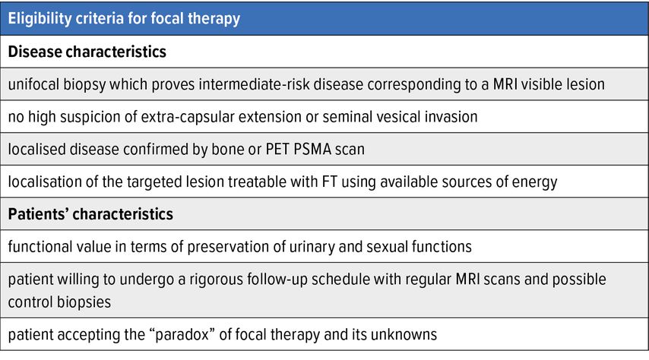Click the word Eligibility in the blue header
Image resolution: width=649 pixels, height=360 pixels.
pyautogui.click(x=40, y=19)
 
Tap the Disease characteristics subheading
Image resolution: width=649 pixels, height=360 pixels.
pyautogui.click(x=87, y=52)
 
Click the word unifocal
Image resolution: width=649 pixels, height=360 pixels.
pyautogui.click(x=33, y=84)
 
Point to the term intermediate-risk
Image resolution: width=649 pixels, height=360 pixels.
pyautogui.click(x=254, y=84)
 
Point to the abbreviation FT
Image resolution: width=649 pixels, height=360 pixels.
pyautogui.click(x=330, y=182)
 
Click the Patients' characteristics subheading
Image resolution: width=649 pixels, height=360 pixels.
pyautogui.click(x=90, y=214)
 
